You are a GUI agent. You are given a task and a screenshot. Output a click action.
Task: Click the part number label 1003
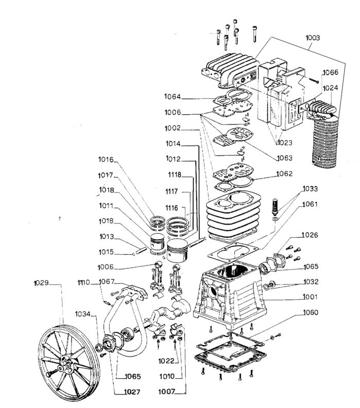[313, 38]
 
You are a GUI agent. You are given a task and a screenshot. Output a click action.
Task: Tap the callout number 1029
[41, 283]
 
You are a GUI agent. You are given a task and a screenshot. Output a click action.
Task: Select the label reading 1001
[310, 297]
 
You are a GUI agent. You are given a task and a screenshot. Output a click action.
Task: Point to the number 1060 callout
[311, 312]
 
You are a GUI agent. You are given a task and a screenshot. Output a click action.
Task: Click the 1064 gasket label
[172, 97]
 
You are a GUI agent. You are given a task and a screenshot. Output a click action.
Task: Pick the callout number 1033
[310, 189]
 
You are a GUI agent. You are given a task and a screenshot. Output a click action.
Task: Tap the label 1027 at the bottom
[132, 392]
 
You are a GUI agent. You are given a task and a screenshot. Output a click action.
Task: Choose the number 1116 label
[172, 208]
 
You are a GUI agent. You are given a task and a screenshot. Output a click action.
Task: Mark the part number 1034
[83, 314]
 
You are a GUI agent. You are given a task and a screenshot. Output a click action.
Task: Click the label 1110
[83, 282]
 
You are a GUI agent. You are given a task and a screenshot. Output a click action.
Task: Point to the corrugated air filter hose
[325, 142]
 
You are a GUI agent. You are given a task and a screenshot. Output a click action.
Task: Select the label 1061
[310, 204]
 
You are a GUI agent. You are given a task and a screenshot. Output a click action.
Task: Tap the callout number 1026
[310, 235]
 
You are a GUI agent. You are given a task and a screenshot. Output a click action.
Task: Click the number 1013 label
[106, 237]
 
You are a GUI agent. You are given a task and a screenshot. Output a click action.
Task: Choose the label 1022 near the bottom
[166, 361]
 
